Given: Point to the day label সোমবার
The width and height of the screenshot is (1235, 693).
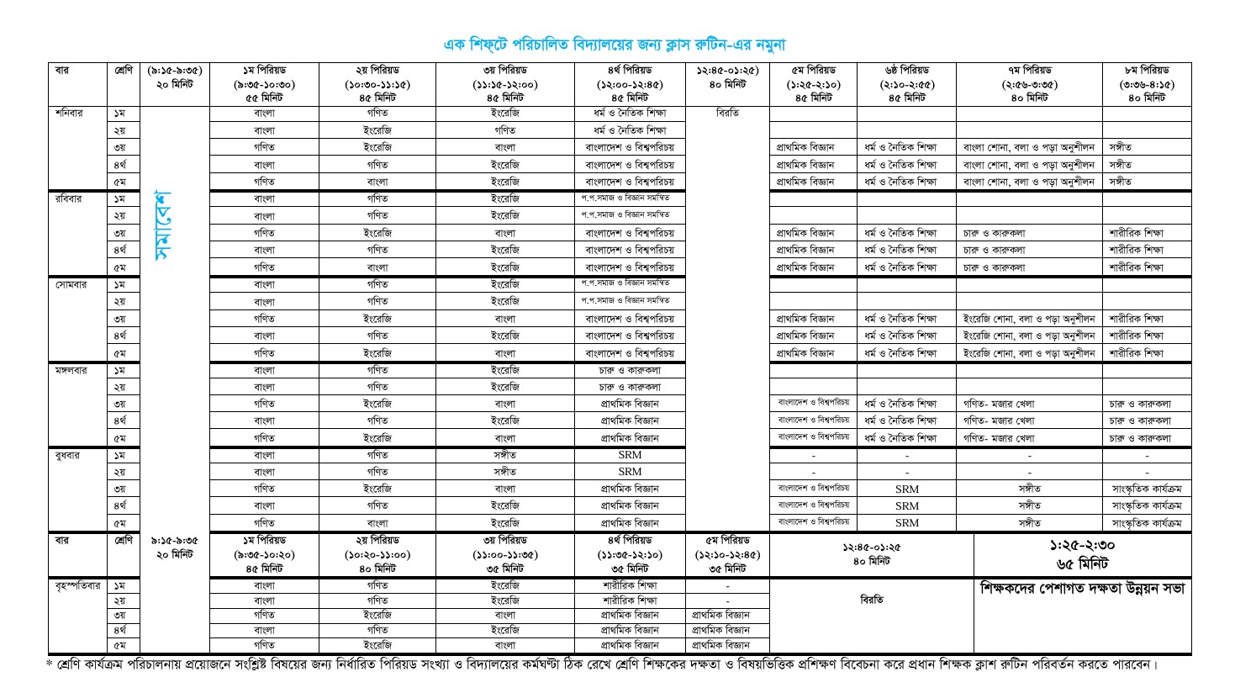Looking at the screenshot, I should pos(70,284).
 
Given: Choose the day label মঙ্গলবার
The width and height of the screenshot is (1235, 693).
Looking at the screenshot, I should pos(72,370).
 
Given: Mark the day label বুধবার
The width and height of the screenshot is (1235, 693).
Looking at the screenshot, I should pos(68,455).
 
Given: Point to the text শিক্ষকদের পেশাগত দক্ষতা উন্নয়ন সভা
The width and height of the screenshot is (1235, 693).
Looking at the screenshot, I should pos(1082,589).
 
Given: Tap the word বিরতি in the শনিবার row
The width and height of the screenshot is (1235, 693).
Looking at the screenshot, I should pos(727,113).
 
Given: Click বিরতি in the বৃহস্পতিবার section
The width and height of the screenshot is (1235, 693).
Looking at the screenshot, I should pos(871,600).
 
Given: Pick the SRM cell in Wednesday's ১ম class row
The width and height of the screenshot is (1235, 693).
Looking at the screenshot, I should pos(629,455).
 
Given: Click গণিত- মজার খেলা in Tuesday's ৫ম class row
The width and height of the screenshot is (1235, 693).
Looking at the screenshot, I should pos(1000,438).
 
